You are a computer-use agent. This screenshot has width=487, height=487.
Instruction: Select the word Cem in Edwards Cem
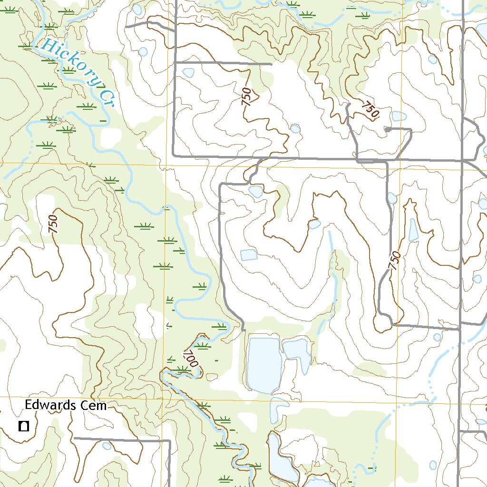coord(94,405)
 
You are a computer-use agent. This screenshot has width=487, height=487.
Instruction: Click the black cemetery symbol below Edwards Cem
coord(23,426)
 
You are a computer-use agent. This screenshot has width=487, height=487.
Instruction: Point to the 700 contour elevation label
coord(191,358)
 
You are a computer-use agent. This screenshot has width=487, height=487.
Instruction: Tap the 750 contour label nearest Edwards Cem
coord(53,224)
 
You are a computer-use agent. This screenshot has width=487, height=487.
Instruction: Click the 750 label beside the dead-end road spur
coord(370,110)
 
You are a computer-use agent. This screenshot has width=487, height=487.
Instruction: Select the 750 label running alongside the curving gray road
coord(394,261)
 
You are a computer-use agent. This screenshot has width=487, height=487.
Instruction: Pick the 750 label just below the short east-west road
coord(246,97)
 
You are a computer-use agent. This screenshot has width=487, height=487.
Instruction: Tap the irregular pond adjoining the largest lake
coord(297,352)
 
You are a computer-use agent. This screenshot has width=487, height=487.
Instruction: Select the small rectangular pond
coord(249,254)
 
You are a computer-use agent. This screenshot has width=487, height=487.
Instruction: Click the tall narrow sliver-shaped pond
coord(414,230)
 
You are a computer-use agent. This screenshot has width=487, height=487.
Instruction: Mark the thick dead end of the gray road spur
coord(388,129)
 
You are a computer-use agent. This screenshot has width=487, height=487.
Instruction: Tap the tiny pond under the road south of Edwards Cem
coord(107,446)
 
